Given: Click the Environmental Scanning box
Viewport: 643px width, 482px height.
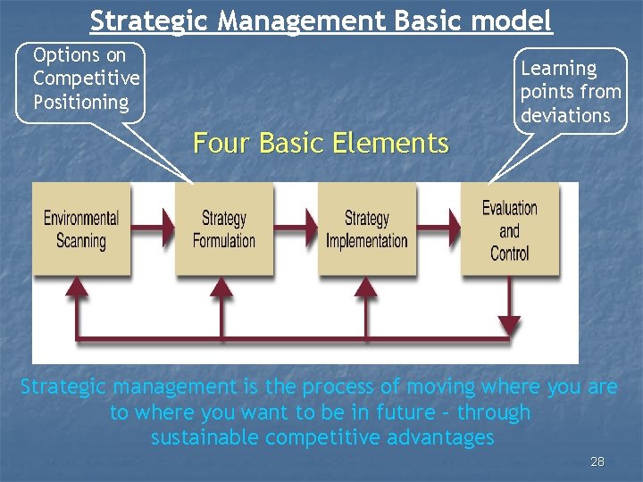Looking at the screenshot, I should (81, 229).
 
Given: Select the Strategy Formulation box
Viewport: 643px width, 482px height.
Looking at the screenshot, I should (223, 229).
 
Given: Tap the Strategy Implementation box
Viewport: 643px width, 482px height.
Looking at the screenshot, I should (366, 229).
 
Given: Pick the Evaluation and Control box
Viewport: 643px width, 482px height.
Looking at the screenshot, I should (509, 229).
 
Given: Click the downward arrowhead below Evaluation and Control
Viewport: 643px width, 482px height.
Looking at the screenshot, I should (508, 326).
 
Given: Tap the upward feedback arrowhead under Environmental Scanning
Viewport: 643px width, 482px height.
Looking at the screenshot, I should (79, 287).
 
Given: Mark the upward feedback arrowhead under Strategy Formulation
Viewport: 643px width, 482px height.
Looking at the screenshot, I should (221, 287).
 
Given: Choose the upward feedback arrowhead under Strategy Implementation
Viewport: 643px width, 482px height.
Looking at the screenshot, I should (364, 287).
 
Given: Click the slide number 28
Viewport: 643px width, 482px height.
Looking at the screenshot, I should (597, 461).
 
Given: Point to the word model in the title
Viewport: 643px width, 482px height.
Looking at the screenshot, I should (514, 20).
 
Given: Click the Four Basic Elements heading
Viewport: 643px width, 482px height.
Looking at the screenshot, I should (321, 143).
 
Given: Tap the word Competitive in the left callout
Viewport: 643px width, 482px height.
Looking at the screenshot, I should (86, 79).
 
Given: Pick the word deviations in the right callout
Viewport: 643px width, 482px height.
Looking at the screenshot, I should (565, 116).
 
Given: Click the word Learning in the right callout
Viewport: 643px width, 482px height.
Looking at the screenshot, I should (558, 69).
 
